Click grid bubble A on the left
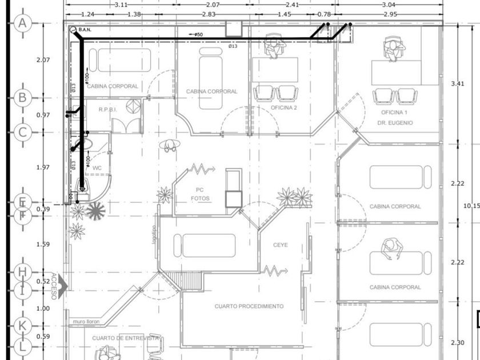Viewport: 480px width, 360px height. point(22,23)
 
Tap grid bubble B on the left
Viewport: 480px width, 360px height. point(22,97)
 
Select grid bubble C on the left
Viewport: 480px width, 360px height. point(22,133)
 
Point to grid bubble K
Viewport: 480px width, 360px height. point(22,325)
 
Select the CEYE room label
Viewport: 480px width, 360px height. point(280,245)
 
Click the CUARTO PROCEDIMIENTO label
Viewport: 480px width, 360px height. point(249,306)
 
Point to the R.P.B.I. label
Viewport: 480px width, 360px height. point(108,109)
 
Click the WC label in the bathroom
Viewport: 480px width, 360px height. point(97,167)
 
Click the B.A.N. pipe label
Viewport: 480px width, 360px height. point(86,29)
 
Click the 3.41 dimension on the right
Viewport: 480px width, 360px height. point(457,83)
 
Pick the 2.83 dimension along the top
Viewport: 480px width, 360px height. point(209,14)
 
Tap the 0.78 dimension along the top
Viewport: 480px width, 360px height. point(323,14)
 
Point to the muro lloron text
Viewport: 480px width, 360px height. point(86,322)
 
